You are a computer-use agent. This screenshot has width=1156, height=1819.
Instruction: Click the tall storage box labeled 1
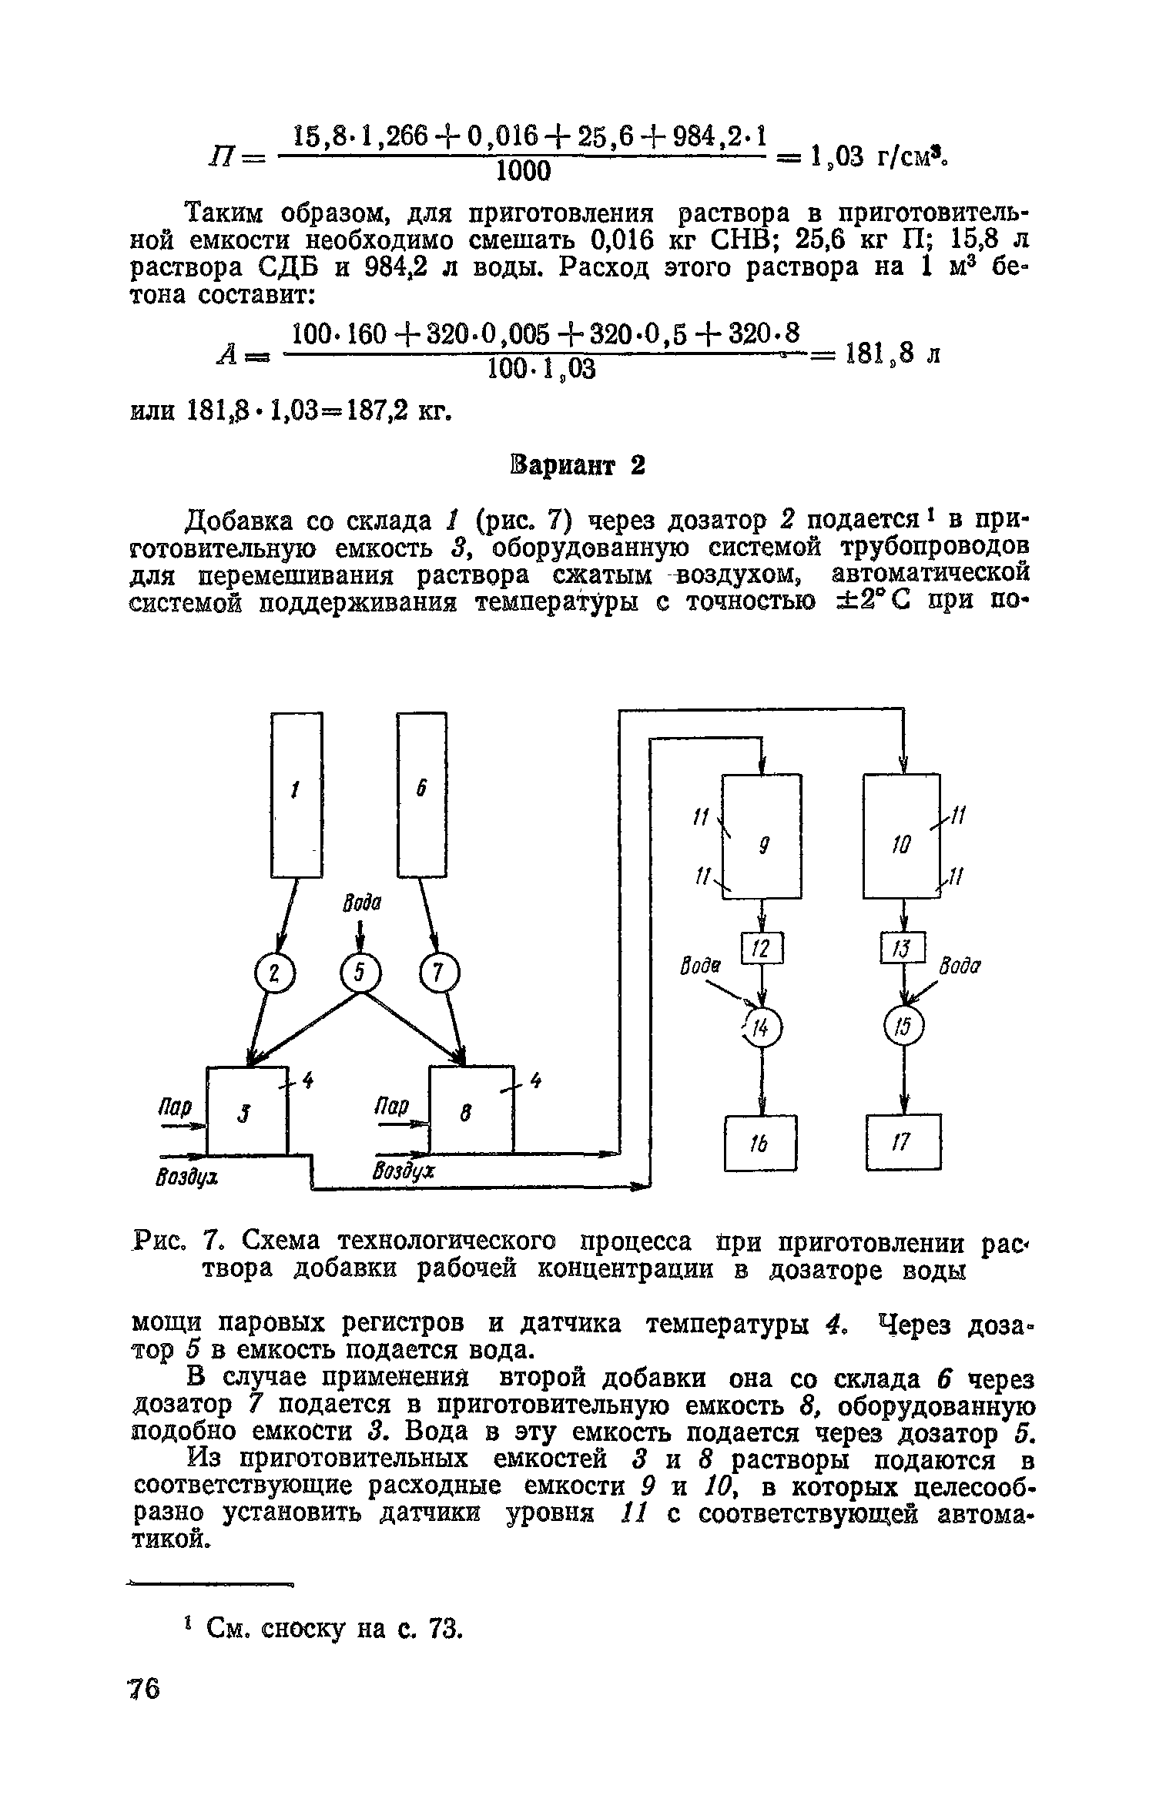click(297, 793)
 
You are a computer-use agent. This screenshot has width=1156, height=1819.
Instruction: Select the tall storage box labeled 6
click(421, 793)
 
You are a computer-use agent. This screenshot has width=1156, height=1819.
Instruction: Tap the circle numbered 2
click(271, 975)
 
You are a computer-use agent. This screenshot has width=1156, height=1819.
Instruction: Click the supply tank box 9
click(761, 836)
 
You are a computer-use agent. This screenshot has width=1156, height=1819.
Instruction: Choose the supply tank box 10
click(902, 836)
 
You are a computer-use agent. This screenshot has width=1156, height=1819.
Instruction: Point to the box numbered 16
click(760, 1143)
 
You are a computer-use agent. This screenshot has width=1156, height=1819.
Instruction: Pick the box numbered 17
click(903, 1141)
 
